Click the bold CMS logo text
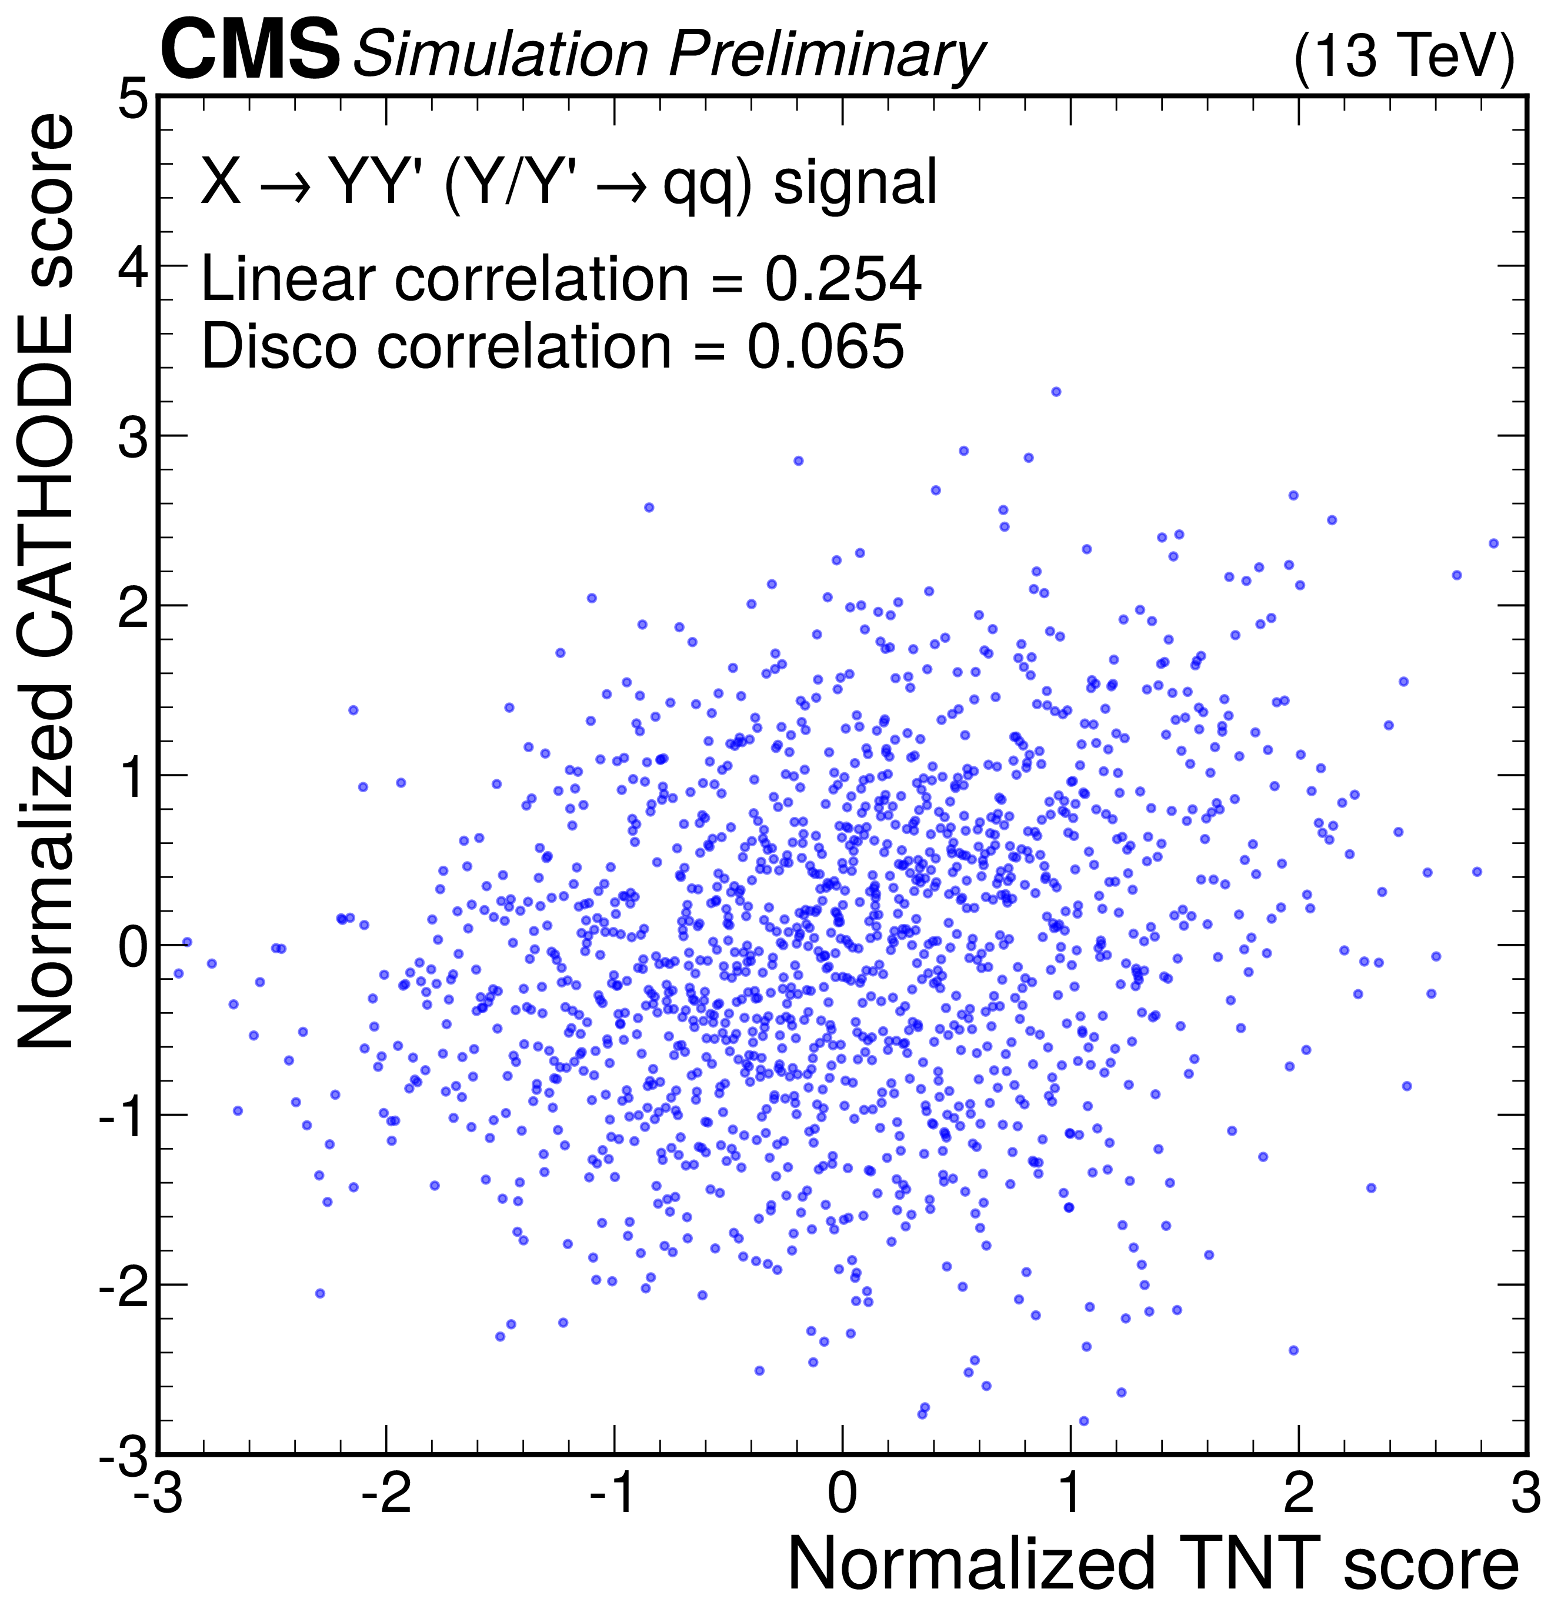249,51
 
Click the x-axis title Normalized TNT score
1152,1563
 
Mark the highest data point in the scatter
1055,392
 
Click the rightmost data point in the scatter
1493,543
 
